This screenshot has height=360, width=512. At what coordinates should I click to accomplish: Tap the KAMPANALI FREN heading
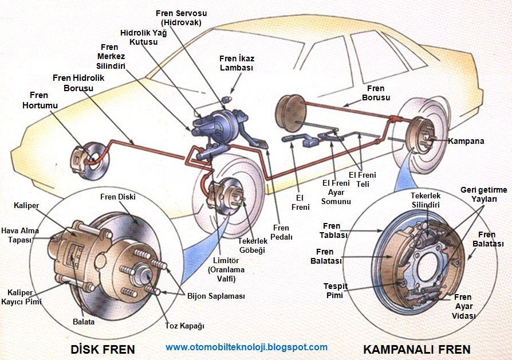416,349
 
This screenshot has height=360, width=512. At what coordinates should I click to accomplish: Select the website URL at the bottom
247,347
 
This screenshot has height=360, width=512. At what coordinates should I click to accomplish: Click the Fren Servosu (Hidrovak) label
180,18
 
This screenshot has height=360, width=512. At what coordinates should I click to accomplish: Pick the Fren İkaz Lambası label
236,62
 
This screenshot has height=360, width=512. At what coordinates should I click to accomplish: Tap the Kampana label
466,140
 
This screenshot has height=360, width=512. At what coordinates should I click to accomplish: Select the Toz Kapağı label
184,326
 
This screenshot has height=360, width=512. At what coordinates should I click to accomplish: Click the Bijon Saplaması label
216,296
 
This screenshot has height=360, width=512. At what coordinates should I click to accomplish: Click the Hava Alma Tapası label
20,235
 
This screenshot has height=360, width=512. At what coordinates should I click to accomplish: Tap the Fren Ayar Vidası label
463,306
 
